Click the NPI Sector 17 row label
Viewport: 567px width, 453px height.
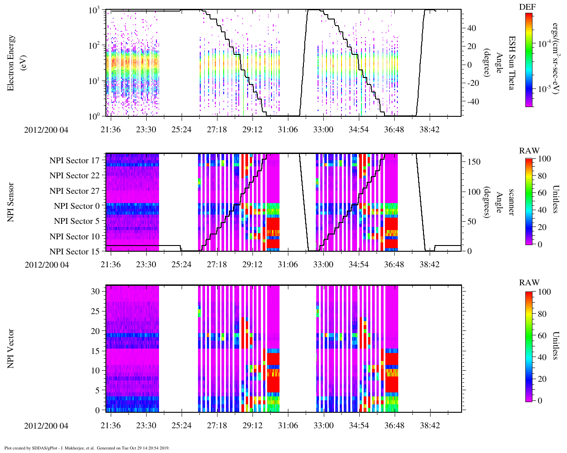[x=75, y=161]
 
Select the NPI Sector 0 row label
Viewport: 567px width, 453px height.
[x=77, y=206]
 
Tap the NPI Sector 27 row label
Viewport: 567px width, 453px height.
[x=75, y=191]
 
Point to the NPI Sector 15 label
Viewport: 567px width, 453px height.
[x=75, y=252]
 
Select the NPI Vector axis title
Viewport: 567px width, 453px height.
[x=11, y=349]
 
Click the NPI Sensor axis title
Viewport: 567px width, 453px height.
[x=11, y=202]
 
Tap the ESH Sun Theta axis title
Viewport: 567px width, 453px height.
[x=511, y=63]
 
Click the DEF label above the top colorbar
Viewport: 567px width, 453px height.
[x=527, y=7]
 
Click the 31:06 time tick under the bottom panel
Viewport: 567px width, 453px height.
[x=288, y=426]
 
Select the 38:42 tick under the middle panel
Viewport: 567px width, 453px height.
[x=430, y=265]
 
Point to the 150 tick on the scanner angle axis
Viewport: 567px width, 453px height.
[x=474, y=162]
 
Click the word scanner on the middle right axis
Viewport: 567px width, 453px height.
[x=511, y=202]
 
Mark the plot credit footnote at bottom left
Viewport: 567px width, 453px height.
[x=87, y=448]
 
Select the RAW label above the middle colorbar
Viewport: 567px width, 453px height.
[x=529, y=151]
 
